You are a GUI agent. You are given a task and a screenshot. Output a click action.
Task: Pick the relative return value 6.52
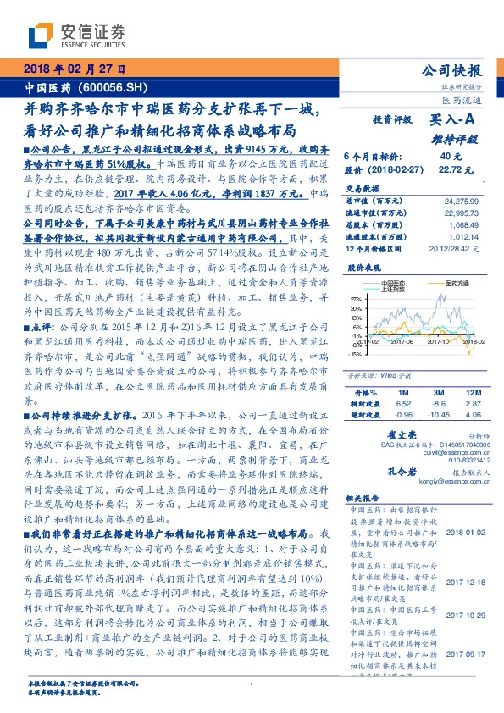point(402,381)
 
